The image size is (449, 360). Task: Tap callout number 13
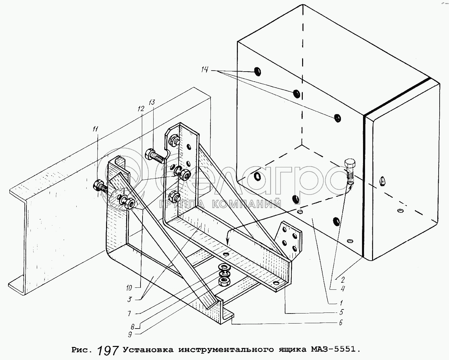pyautogui.click(x=152, y=103)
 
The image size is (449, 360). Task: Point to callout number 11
pyautogui.click(x=96, y=128)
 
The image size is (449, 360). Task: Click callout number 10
pyautogui.click(x=129, y=287)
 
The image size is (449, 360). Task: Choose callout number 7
pyautogui.click(x=129, y=313)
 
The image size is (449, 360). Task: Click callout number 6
pyautogui.click(x=340, y=323)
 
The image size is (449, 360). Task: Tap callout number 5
pyautogui.click(x=341, y=312)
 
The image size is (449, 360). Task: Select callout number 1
pyautogui.click(x=341, y=303)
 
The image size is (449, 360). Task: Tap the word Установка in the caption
pyautogui.click(x=148, y=350)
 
